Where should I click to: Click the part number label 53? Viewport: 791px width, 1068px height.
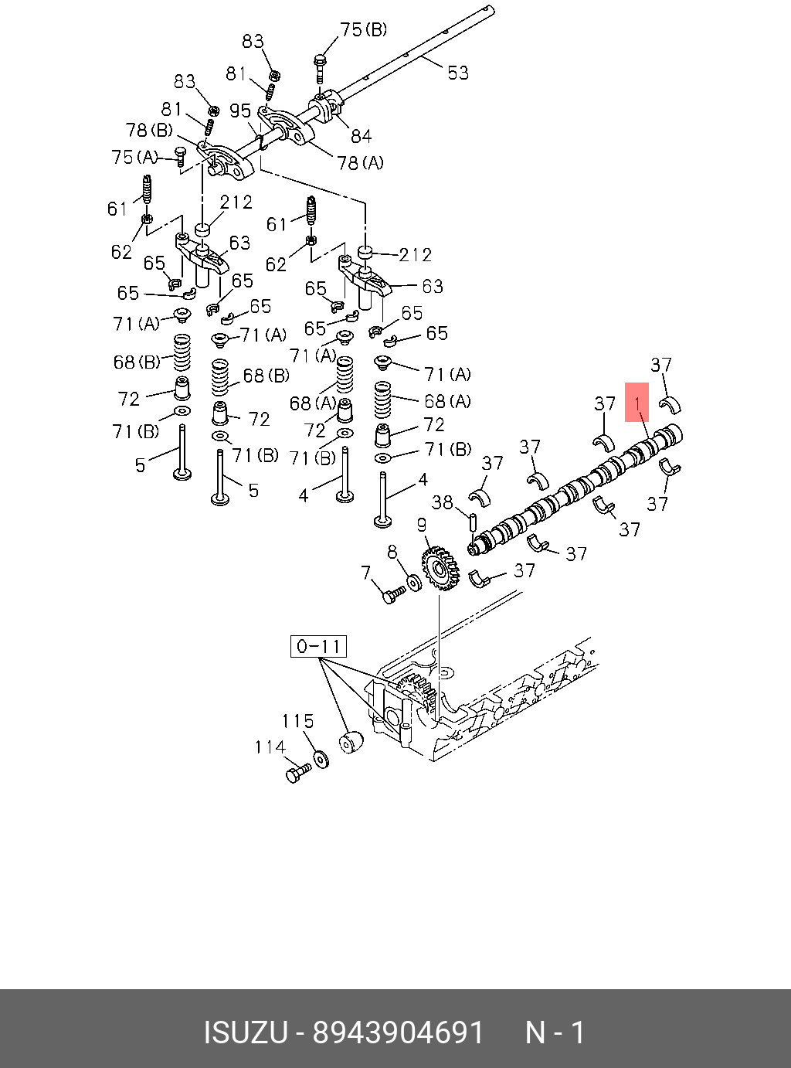[x=458, y=73]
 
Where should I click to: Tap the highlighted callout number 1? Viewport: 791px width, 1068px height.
[x=637, y=403]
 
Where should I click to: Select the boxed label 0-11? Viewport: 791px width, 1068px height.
[x=318, y=646]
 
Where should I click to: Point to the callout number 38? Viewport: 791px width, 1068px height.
[x=442, y=503]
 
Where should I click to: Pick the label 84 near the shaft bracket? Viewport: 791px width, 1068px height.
[x=361, y=136]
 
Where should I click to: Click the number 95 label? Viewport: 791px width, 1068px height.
[x=240, y=111]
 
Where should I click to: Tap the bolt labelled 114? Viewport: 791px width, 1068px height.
[x=297, y=772]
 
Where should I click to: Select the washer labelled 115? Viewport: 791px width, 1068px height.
[x=321, y=760]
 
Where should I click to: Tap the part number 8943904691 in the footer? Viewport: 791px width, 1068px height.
[x=398, y=1033]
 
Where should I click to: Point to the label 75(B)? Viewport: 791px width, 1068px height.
[x=363, y=30]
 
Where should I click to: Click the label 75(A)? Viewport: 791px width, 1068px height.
[x=134, y=158]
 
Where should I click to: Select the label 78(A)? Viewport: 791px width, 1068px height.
[x=360, y=163]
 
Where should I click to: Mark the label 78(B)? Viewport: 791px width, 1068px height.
[x=149, y=130]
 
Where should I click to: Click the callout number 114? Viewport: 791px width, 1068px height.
[x=270, y=747]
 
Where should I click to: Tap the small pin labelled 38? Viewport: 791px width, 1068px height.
[x=472, y=516]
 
